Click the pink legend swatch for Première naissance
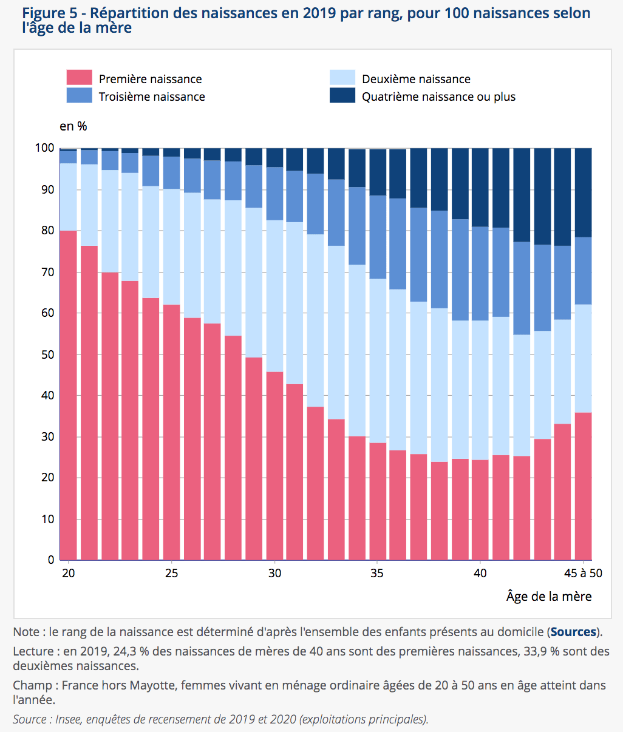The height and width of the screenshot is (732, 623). click(79, 78)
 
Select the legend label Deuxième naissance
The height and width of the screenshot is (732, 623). click(416, 80)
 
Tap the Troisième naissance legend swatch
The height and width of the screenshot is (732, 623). click(79, 96)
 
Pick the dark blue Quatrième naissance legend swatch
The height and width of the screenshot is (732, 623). click(342, 96)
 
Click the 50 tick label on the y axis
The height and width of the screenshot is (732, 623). click(47, 354)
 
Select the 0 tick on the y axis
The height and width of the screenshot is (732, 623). click(51, 560)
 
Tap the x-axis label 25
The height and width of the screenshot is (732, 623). click(171, 574)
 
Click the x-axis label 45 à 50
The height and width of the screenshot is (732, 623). click(583, 574)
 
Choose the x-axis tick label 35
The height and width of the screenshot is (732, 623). click(377, 574)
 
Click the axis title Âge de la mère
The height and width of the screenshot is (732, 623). click(549, 597)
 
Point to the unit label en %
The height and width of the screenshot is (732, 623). click(73, 126)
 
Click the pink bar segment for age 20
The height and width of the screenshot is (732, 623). click(69, 395)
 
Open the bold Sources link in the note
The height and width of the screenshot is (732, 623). click(573, 632)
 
